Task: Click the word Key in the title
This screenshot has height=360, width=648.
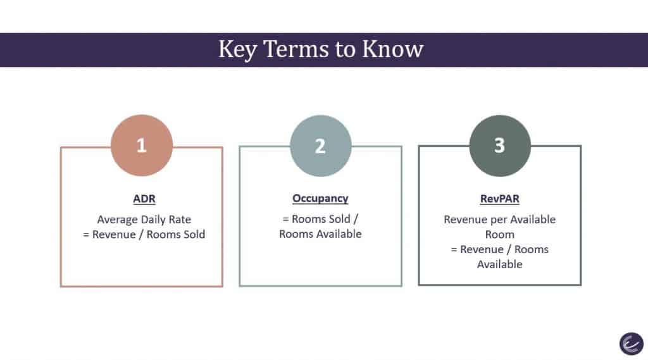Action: click(x=237, y=49)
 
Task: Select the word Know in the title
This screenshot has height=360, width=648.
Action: click(x=392, y=49)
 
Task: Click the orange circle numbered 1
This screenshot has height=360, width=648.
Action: click(x=142, y=146)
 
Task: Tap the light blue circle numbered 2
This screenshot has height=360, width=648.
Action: click(x=321, y=146)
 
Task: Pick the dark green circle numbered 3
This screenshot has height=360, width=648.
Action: click(x=500, y=146)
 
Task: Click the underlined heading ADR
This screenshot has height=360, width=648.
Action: click(x=144, y=199)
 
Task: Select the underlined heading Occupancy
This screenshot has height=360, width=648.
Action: click(x=320, y=199)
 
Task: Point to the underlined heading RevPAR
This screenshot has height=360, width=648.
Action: click(x=500, y=199)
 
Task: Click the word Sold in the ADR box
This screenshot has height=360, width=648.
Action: click(x=194, y=234)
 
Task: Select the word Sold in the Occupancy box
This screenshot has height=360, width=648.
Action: click(x=339, y=219)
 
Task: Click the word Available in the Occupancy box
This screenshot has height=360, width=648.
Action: click(x=340, y=234)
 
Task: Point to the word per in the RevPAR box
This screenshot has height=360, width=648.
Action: click(x=499, y=220)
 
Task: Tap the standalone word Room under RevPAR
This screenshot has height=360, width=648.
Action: click(x=500, y=234)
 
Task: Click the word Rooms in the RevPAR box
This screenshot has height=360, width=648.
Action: click(x=532, y=249)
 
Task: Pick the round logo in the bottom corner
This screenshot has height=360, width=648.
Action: click(x=632, y=344)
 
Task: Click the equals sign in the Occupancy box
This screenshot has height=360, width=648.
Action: click(x=285, y=219)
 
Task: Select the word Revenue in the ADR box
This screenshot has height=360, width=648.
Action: click(x=114, y=234)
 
